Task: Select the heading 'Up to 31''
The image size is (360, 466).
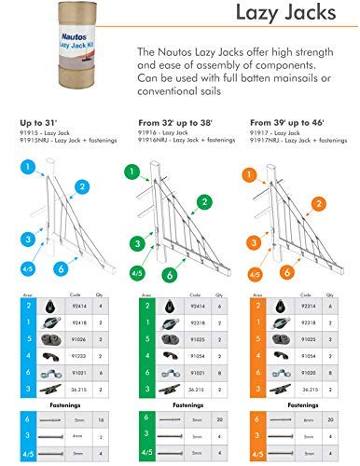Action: pyautogui.click(x=37, y=122)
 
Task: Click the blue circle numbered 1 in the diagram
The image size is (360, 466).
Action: pyautogui.click(x=28, y=169)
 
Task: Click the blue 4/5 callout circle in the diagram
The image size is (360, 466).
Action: pyautogui.click(x=27, y=272)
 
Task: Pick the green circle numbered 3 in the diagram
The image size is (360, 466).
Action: pyautogui.click(x=138, y=245)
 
